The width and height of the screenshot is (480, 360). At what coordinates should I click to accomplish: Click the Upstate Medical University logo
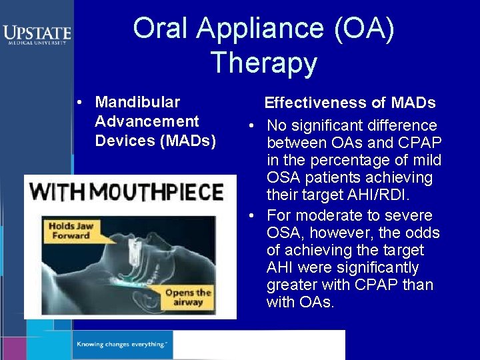tap(37, 34)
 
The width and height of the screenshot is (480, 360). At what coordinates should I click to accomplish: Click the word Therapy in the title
tap(263, 63)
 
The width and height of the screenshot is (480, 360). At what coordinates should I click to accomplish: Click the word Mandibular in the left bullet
tap(137, 102)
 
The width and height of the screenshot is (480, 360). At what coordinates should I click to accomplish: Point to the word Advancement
tap(147, 121)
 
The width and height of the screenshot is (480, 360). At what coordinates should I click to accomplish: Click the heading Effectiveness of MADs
tap(350, 103)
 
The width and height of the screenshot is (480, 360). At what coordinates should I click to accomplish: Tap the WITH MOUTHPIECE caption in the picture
tap(127, 193)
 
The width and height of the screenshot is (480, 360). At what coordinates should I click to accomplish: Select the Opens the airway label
tap(188, 297)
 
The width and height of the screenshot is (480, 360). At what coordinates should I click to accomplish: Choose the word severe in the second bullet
tap(411, 215)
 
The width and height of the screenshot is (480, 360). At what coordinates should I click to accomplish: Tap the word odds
tap(423, 233)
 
